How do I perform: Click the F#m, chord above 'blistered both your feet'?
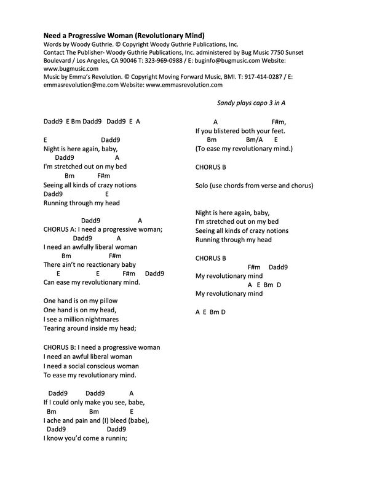coord(279,122)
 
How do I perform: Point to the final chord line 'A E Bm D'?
coord(211,312)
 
